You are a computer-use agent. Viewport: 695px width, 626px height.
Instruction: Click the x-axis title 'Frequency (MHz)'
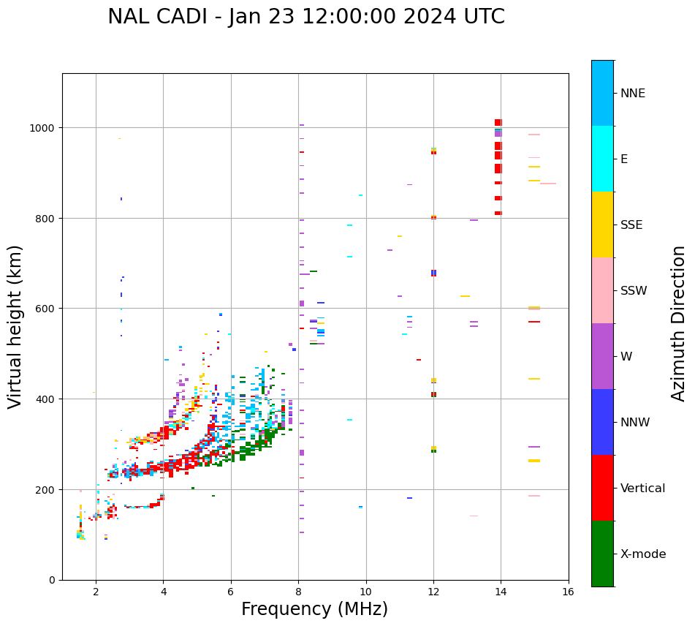click(x=314, y=609)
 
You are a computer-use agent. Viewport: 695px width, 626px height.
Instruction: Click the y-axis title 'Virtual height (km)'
click(x=15, y=327)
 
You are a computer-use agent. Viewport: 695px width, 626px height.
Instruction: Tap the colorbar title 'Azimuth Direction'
click(x=679, y=323)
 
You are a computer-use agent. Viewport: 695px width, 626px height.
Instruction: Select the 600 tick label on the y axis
click(x=48, y=309)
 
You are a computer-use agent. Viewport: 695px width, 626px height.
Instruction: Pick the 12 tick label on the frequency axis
click(x=433, y=592)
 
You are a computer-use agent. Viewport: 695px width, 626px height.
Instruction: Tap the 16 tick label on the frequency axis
click(x=569, y=592)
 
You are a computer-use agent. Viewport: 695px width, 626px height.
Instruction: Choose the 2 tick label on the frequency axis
click(x=96, y=592)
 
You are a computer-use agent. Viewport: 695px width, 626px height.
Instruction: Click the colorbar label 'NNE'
click(x=633, y=93)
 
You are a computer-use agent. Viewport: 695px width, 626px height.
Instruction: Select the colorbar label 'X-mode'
click(x=643, y=554)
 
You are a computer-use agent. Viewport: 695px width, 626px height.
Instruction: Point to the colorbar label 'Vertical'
click(x=643, y=489)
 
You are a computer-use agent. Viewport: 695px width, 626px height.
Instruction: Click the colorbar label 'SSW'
click(x=634, y=291)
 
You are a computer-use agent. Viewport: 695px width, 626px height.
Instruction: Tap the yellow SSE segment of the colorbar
click(x=602, y=225)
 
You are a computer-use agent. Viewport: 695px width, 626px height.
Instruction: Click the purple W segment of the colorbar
click(x=602, y=356)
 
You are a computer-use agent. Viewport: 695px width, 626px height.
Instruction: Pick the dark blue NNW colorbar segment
click(x=602, y=422)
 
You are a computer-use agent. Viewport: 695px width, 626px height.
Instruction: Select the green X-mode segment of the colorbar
click(x=602, y=554)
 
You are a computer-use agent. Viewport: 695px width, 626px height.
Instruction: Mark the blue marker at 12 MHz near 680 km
click(x=433, y=272)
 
